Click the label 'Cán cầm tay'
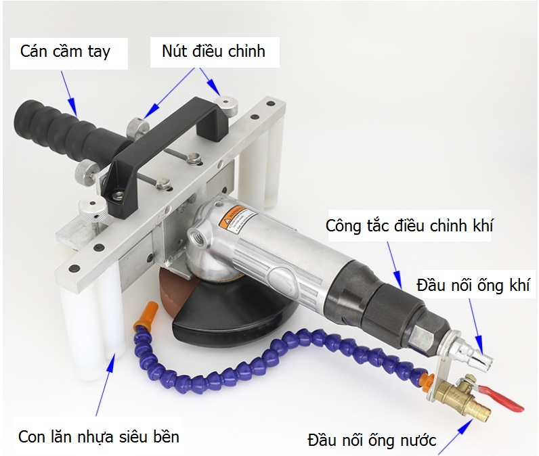(x=65, y=52)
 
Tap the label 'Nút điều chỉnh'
(x=213, y=51)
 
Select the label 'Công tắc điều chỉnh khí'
(x=410, y=226)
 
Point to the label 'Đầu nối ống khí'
(x=473, y=285)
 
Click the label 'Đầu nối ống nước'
(x=372, y=440)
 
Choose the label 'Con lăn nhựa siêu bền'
(x=99, y=437)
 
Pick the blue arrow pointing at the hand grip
(x=68, y=93)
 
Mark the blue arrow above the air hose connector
(x=477, y=325)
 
